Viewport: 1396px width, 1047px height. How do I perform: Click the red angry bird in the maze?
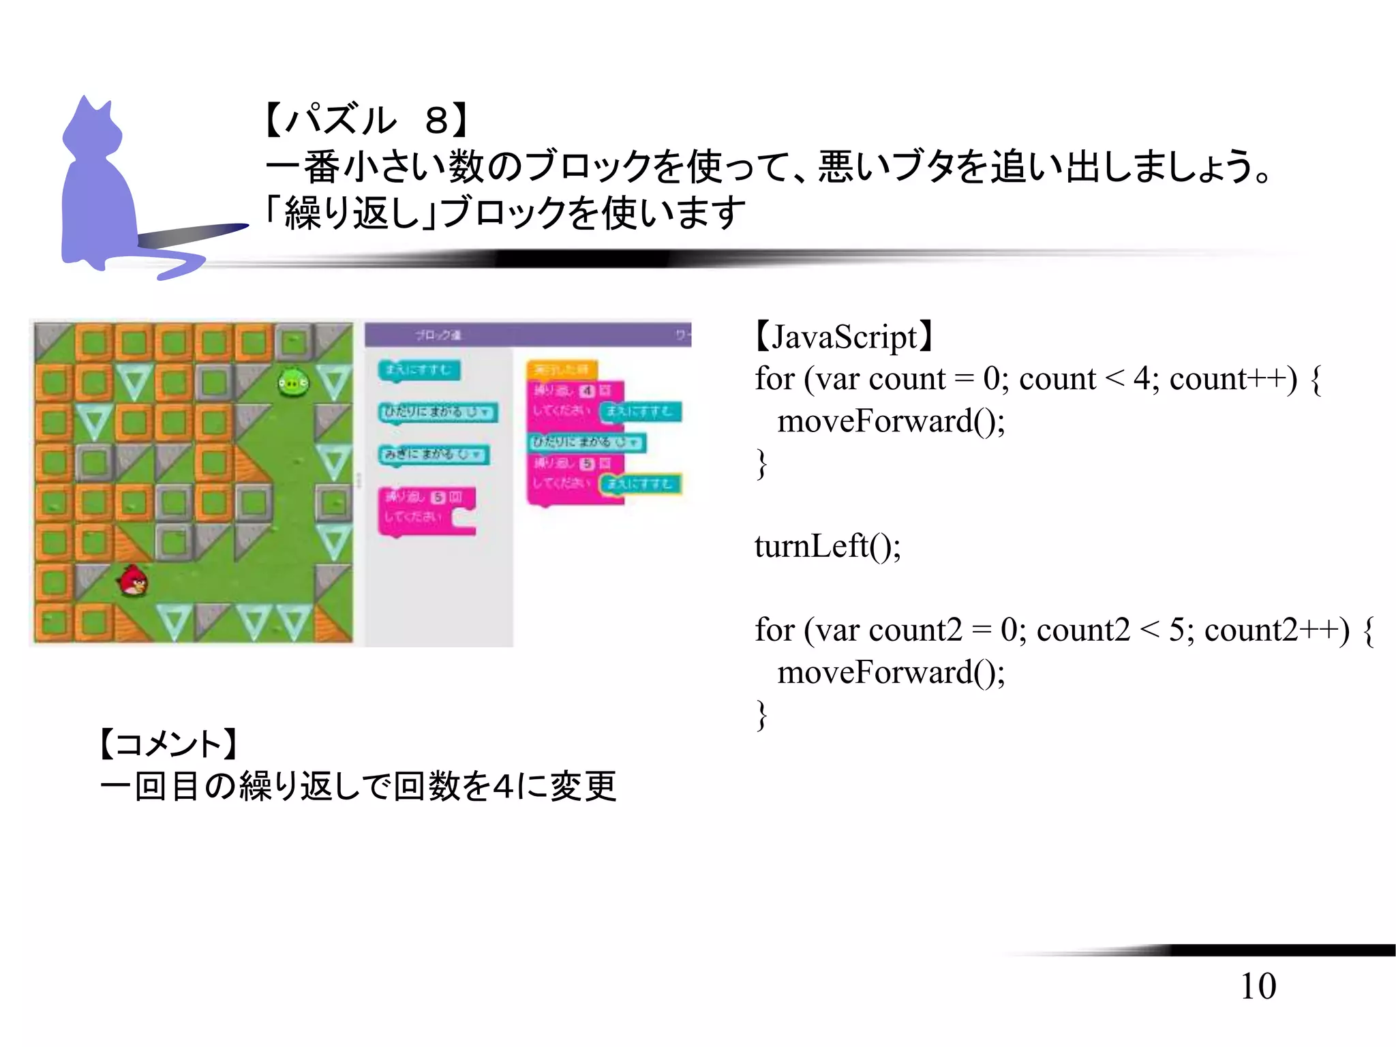[x=134, y=581]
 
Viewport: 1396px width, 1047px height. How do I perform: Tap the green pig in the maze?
[x=293, y=383]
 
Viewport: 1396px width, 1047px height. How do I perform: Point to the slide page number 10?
[x=1258, y=986]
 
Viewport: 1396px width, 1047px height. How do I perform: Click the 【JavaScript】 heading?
[x=844, y=337]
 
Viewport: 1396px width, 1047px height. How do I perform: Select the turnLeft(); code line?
[x=828, y=546]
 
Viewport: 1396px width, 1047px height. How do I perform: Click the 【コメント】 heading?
[x=168, y=743]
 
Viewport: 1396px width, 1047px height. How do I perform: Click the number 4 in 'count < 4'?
[x=1142, y=378]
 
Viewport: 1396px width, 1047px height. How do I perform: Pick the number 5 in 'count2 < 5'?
[x=1177, y=630]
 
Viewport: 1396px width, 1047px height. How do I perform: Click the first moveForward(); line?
[x=891, y=421]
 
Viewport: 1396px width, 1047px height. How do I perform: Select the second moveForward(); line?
[x=891, y=672]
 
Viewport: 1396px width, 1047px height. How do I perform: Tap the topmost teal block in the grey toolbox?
[x=419, y=370]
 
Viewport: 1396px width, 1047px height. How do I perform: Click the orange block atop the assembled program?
[x=561, y=369]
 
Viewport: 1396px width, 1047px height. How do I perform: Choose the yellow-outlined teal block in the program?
[x=639, y=484]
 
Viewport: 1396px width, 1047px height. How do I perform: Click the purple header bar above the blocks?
[x=528, y=335]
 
